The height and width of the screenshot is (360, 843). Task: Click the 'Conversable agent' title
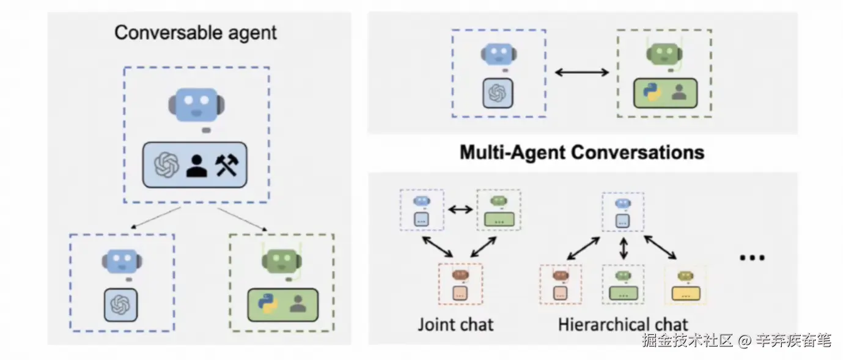196,32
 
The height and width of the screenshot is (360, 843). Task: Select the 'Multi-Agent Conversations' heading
581,152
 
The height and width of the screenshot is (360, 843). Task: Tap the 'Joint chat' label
455,323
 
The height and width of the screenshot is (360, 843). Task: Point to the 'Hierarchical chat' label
623,324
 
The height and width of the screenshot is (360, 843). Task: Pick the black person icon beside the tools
196,165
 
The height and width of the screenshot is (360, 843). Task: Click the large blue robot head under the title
194,104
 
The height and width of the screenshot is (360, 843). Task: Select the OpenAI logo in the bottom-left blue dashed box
120,304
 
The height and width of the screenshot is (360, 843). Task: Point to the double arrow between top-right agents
581,73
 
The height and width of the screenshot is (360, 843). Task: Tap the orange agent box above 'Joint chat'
460,284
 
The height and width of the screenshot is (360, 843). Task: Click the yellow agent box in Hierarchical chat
685,285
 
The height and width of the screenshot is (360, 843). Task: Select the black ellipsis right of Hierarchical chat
752,257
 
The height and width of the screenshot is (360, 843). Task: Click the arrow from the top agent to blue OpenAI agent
155,218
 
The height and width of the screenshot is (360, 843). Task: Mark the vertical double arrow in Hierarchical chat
624,248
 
